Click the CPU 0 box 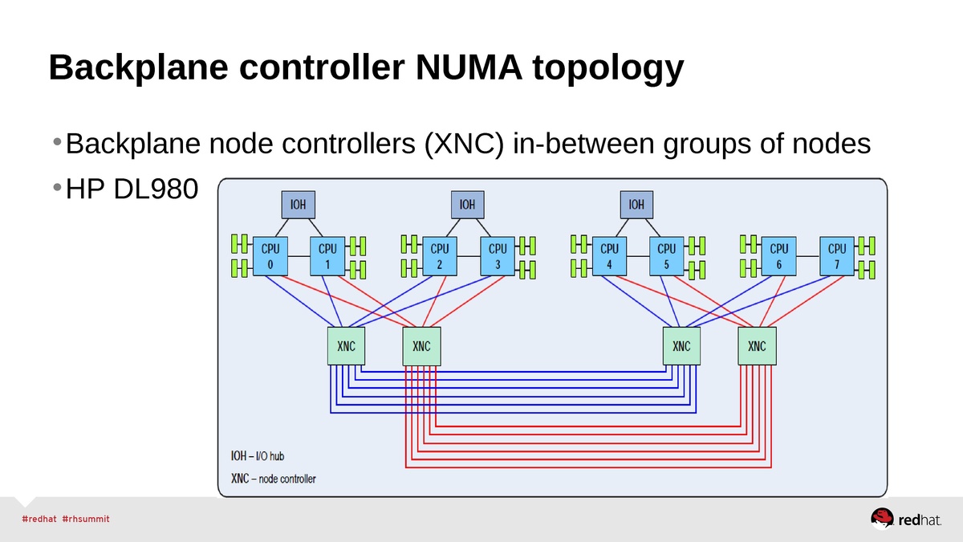point(270,256)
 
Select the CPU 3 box point(498,256)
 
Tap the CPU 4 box point(609,256)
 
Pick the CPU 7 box point(837,256)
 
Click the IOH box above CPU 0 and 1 point(297,205)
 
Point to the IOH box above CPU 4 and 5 point(636,205)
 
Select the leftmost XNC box point(347,346)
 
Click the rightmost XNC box point(757,346)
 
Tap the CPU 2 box point(440,256)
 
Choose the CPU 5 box point(667,256)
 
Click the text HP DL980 point(132,189)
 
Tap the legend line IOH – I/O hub point(258,456)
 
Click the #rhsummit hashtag point(86,519)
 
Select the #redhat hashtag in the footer point(39,519)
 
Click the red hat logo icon point(883,519)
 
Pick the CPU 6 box point(778,256)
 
